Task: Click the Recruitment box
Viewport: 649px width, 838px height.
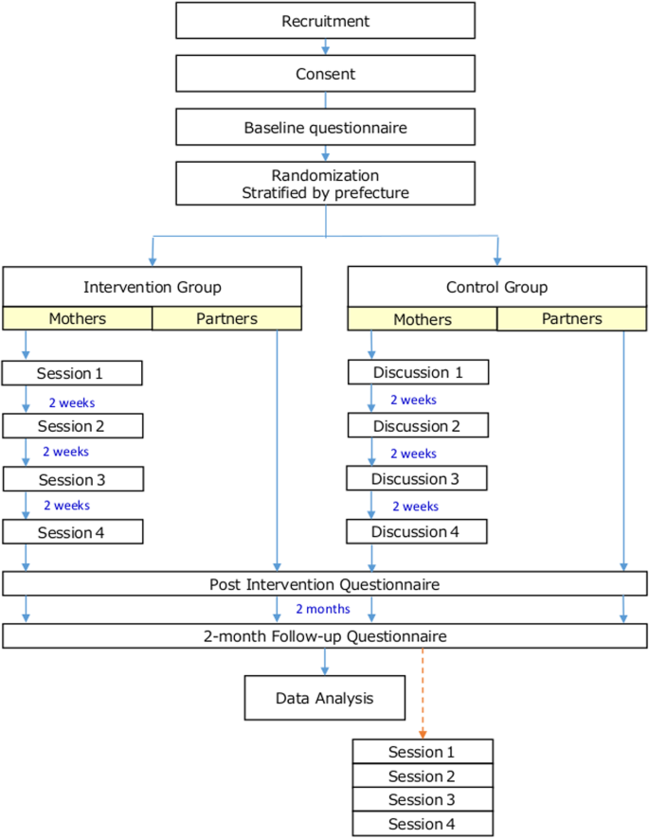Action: [x=325, y=20]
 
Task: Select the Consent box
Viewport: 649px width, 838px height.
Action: [x=325, y=73]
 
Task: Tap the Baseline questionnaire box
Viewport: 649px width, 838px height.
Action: [x=325, y=127]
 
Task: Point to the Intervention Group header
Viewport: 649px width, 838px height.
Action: [x=152, y=287]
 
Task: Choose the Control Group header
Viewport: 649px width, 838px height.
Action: [x=496, y=287]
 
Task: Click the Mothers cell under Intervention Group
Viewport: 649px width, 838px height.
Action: [x=77, y=319]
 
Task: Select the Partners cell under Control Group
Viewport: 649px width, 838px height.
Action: [x=571, y=319]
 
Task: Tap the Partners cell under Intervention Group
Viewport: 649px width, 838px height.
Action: [x=226, y=319]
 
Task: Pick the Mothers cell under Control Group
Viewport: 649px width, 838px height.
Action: [x=422, y=319]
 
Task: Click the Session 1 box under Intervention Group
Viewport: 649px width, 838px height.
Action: [x=72, y=373]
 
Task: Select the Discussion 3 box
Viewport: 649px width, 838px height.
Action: [x=416, y=479]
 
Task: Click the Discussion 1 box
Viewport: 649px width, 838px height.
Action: [x=416, y=373]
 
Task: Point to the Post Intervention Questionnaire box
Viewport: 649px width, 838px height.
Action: [x=325, y=584]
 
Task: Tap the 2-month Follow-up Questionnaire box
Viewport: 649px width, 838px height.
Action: [x=325, y=636]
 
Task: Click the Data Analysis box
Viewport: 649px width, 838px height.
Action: [x=325, y=699]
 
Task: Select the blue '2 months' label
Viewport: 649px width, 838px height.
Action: [x=323, y=610]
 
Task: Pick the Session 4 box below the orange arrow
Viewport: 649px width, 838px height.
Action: [x=423, y=824]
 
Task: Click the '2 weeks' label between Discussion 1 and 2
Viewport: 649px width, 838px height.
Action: [x=413, y=400]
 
